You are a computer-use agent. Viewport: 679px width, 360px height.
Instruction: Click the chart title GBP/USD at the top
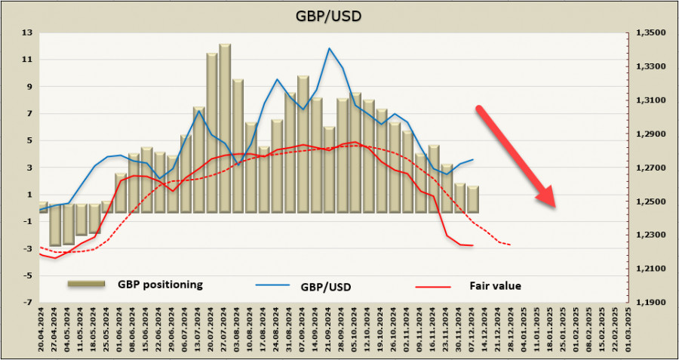(x=339, y=16)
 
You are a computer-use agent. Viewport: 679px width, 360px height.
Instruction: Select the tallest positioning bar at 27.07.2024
(x=225, y=128)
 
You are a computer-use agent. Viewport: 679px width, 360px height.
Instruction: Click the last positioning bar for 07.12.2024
(x=473, y=199)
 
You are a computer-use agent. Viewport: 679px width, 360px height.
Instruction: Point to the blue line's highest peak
(x=329, y=48)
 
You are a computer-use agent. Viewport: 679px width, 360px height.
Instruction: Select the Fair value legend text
(x=495, y=286)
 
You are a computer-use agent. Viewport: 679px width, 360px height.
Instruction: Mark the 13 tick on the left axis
(x=27, y=32)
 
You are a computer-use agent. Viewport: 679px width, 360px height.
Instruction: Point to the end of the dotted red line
(x=512, y=245)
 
